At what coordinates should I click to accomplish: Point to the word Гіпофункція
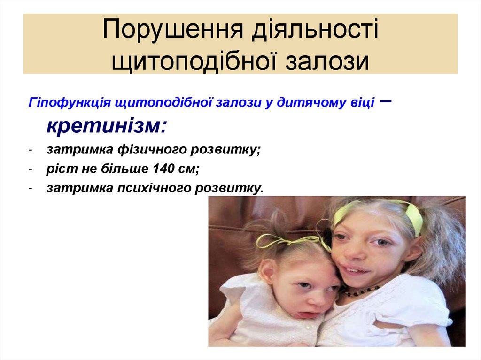point(69,103)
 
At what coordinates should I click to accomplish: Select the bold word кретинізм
point(106,126)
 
